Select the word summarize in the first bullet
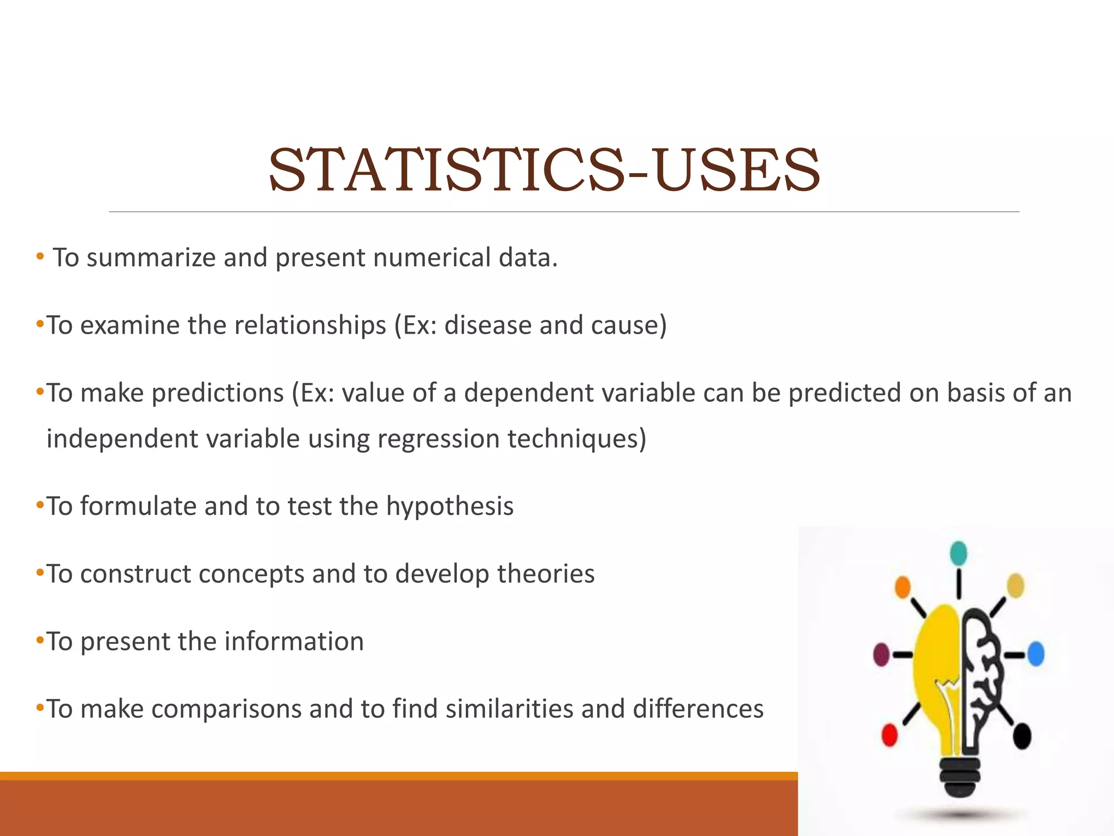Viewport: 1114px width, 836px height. (151, 257)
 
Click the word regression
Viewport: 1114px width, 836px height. (438, 439)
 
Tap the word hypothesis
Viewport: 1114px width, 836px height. (450, 506)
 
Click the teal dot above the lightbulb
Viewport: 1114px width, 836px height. (958, 553)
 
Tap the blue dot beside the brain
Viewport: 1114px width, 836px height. (1036, 654)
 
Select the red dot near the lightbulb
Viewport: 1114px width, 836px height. (889, 735)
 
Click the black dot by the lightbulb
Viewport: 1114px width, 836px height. (1022, 736)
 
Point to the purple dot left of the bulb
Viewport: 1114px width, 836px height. (881, 654)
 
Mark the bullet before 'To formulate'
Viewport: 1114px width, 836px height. (39, 505)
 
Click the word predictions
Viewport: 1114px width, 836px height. (218, 393)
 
